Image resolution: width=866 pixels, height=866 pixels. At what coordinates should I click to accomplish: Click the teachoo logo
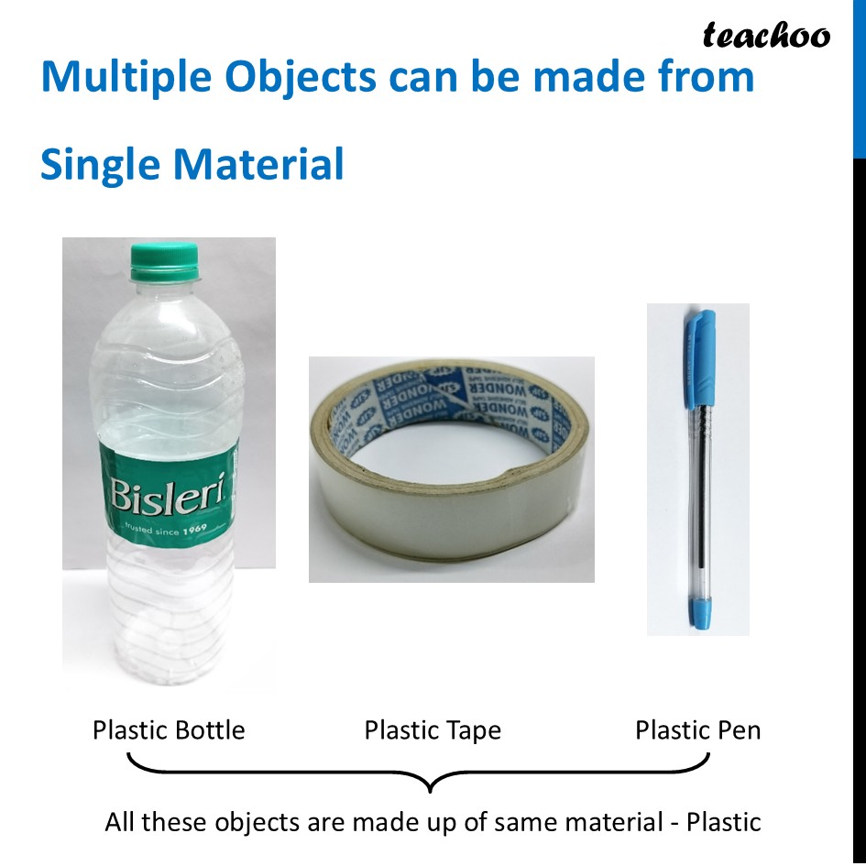tap(766, 36)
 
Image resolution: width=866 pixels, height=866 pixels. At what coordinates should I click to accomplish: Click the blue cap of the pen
tap(700, 357)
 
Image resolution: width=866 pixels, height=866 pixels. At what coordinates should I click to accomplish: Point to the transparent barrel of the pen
tap(700, 495)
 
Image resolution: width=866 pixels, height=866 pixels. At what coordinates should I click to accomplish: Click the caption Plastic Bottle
tap(169, 730)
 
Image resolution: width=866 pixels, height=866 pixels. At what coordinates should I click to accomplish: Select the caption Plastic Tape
tap(433, 730)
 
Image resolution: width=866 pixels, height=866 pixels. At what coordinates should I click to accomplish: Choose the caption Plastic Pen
tap(697, 730)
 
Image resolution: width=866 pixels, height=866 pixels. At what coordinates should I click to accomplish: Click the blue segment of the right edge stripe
tap(859, 78)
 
